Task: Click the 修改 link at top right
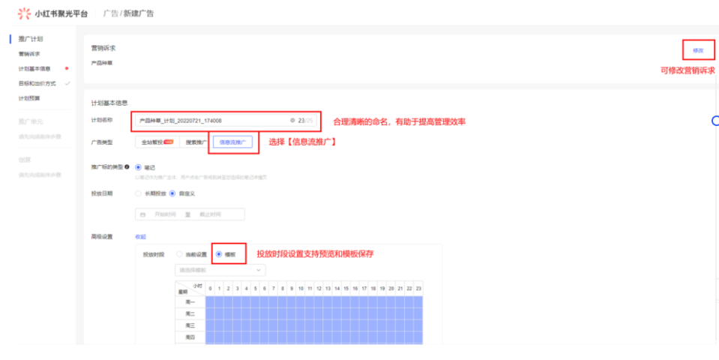(698, 50)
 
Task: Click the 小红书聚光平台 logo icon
(25, 13)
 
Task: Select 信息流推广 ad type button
(233, 142)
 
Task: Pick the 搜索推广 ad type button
(195, 142)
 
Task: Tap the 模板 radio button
(219, 254)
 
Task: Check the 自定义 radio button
(172, 193)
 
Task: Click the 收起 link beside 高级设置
(139, 237)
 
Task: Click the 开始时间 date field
(164, 214)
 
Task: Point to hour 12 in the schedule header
(318, 289)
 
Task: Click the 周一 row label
(190, 301)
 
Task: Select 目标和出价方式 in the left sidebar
(37, 83)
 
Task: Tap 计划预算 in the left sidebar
(29, 98)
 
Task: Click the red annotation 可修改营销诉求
(685, 70)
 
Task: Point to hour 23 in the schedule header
(418, 289)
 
